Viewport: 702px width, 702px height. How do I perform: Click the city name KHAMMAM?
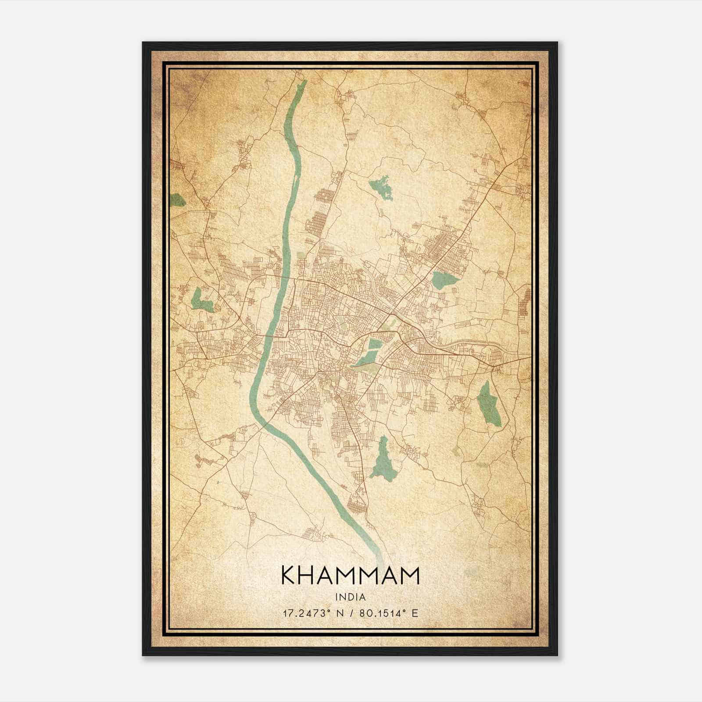[350, 575]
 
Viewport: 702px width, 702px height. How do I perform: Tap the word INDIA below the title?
[350, 597]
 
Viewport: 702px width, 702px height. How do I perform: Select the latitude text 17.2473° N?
[312, 613]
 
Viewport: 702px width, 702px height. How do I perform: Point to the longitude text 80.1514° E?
[389, 613]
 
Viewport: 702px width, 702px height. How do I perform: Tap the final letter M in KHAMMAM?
[411, 575]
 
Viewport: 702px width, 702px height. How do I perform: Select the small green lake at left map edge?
[177, 200]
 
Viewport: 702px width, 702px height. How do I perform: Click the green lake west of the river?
[201, 301]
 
